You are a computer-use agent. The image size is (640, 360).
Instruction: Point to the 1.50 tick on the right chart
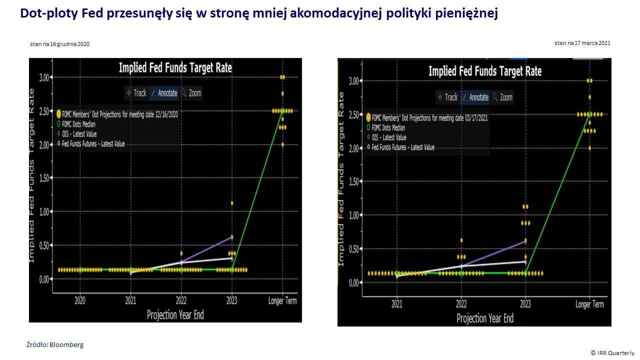pyautogui.click(x=354, y=181)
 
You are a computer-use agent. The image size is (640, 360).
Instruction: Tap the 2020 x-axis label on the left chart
pyautogui.click(x=80, y=301)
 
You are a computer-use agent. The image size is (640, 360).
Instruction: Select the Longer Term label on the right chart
pyautogui.click(x=590, y=304)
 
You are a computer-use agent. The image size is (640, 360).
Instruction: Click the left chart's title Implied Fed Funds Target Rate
pyautogui.click(x=175, y=67)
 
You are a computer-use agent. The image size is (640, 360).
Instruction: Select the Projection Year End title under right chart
pyautogui.click(x=484, y=318)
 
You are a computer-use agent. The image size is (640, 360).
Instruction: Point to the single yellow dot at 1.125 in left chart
pyautogui.click(x=231, y=203)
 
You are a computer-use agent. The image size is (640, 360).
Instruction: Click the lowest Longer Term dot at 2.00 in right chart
pyautogui.click(x=590, y=148)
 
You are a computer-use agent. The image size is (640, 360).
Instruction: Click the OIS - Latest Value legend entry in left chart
pyautogui.click(x=80, y=134)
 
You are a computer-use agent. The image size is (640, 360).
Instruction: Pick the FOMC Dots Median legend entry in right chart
pyautogui.click(x=388, y=127)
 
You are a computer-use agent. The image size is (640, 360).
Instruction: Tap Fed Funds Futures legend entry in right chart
pyautogui.click(x=402, y=147)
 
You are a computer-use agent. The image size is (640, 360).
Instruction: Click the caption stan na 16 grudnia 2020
pyautogui.click(x=59, y=44)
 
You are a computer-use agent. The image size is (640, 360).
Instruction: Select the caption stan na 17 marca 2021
pyautogui.click(x=582, y=43)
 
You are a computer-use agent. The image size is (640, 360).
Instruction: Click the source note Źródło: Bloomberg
pyautogui.click(x=55, y=344)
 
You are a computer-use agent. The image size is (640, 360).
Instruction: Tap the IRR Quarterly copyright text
pyautogui.click(x=612, y=353)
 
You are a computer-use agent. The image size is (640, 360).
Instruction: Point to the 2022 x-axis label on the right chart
pyautogui.click(x=461, y=304)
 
